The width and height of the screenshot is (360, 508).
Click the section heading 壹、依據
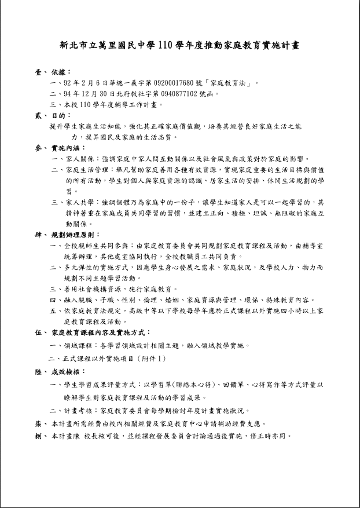[53, 72]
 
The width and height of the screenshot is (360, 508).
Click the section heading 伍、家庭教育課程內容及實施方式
[93, 332]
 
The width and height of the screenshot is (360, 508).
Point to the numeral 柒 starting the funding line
[38, 423]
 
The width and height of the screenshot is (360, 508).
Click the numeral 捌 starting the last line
[38, 436]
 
